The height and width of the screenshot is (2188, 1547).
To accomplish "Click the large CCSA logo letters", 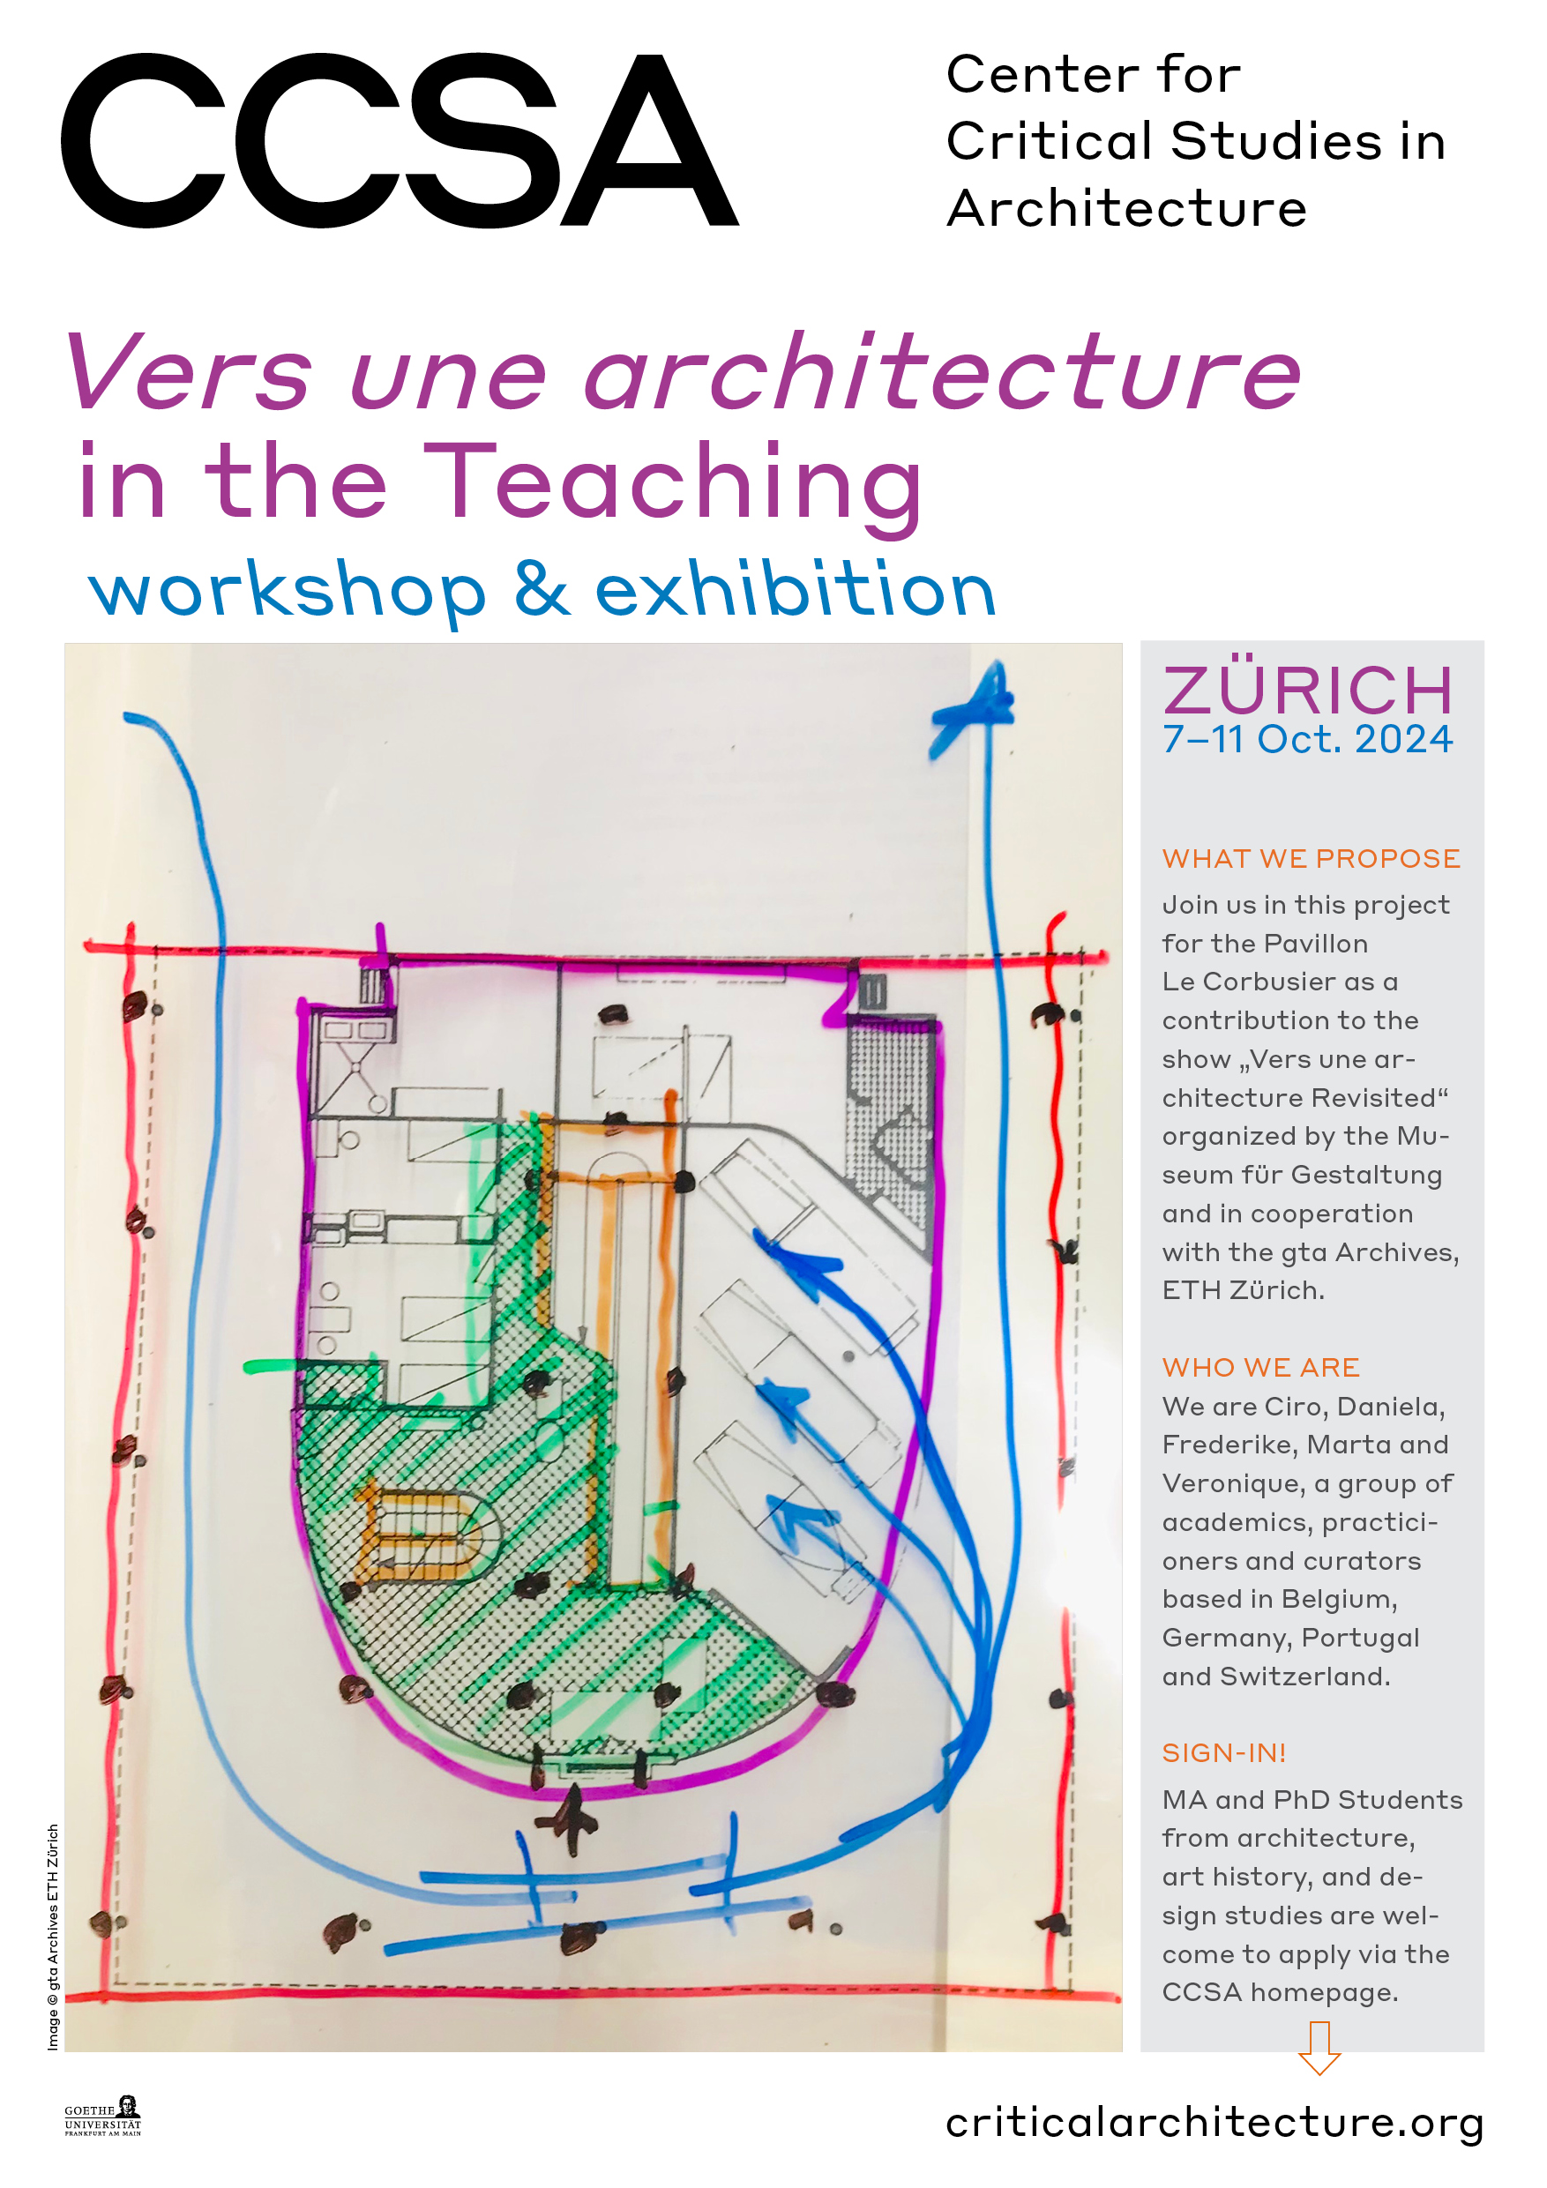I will [400, 141].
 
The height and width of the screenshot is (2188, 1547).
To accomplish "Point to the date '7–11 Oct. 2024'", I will [1308, 740].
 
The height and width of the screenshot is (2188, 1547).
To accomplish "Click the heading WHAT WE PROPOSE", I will [1311, 859].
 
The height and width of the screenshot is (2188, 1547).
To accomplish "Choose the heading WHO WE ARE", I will [1260, 1368].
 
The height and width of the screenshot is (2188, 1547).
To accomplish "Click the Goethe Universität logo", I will [103, 2117].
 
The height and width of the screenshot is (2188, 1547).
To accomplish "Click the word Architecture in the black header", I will [1126, 209].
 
